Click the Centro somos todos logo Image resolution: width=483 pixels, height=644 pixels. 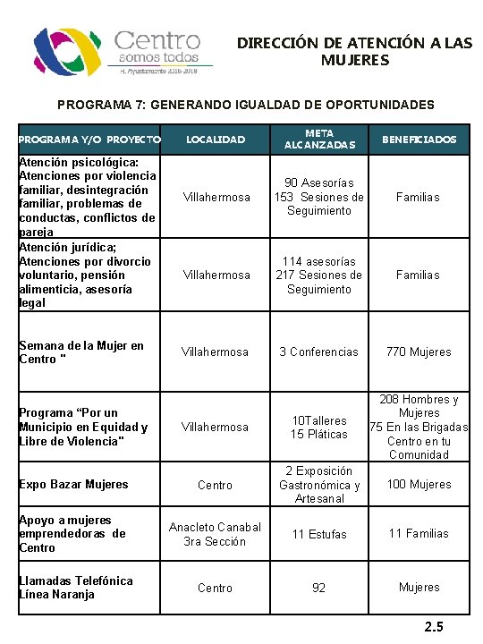pyautogui.click(x=123, y=52)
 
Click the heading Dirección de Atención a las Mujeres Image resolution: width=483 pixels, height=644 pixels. pyautogui.click(x=354, y=51)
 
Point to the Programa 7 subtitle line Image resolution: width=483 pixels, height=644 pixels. pyautogui.click(x=245, y=105)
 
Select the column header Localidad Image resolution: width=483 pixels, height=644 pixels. pyautogui.click(x=215, y=140)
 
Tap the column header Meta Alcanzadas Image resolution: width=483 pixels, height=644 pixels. pyautogui.click(x=319, y=139)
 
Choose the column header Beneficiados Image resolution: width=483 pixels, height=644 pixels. pyautogui.click(x=419, y=140)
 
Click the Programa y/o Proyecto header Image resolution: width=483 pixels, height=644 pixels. pyautogui.click(x=89, y=140)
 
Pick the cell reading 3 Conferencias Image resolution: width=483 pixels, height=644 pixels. pyautogui.click(x=318, y=352)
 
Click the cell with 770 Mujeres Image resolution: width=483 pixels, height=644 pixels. pyautogui.click(x=419, y=352)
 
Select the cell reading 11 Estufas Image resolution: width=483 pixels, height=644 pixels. pyautogui.click(x=319, y=534)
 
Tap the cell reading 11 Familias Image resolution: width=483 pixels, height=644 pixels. pyautogui.click(x=419, y=533)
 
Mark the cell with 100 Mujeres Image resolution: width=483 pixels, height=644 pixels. pyautogui.click(x=419, y=484)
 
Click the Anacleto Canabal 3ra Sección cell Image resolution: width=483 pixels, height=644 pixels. pyautogui.click(x=216, y=534)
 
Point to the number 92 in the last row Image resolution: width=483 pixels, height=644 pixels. pyautogui.click(x=319, y=588)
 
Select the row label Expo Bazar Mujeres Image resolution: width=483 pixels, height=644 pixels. pyautogui.click(x=73, y=484)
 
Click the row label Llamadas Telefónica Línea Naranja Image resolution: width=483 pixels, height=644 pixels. pyautogui.click(x=75, y=587)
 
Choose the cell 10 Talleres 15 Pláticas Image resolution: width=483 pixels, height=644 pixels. pyautogui.click(x=318, y=427)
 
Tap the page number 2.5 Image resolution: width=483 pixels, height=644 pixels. pyautogui.click(x=434, y=626)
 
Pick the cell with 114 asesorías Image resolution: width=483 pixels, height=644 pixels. pyautogui.click(x=319, y=275)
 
